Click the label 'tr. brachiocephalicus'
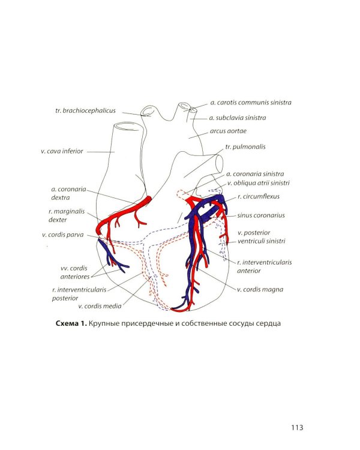(85, 110)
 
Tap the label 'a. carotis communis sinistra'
(251, 103)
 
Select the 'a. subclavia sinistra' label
(238, 118)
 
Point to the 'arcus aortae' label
(228, 131)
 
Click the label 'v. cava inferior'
(62, 151)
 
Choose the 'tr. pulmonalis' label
(245, 147)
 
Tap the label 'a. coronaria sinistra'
(255, 174)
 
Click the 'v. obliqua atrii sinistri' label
(259, 183)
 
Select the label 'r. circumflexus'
(259, 197)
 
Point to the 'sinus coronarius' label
(261, 215)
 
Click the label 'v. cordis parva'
(62, 235)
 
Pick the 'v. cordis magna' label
(260, 290)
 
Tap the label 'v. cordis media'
(100, 306)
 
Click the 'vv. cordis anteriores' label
(74, 272)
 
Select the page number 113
(297, 428)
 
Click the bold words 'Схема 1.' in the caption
(71, 323)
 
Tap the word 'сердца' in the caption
(269, 324)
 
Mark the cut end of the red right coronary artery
(149, 200)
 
